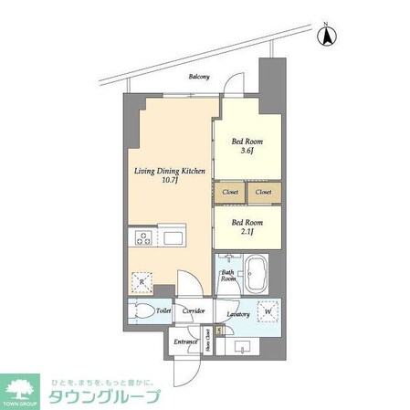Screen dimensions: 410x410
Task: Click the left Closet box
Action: point(230,193)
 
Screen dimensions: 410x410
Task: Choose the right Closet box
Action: point(264,193)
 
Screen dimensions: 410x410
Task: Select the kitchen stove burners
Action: point(143,238)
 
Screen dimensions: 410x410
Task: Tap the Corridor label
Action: point(194,311)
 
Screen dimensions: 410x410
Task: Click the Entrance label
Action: point(186,342)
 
